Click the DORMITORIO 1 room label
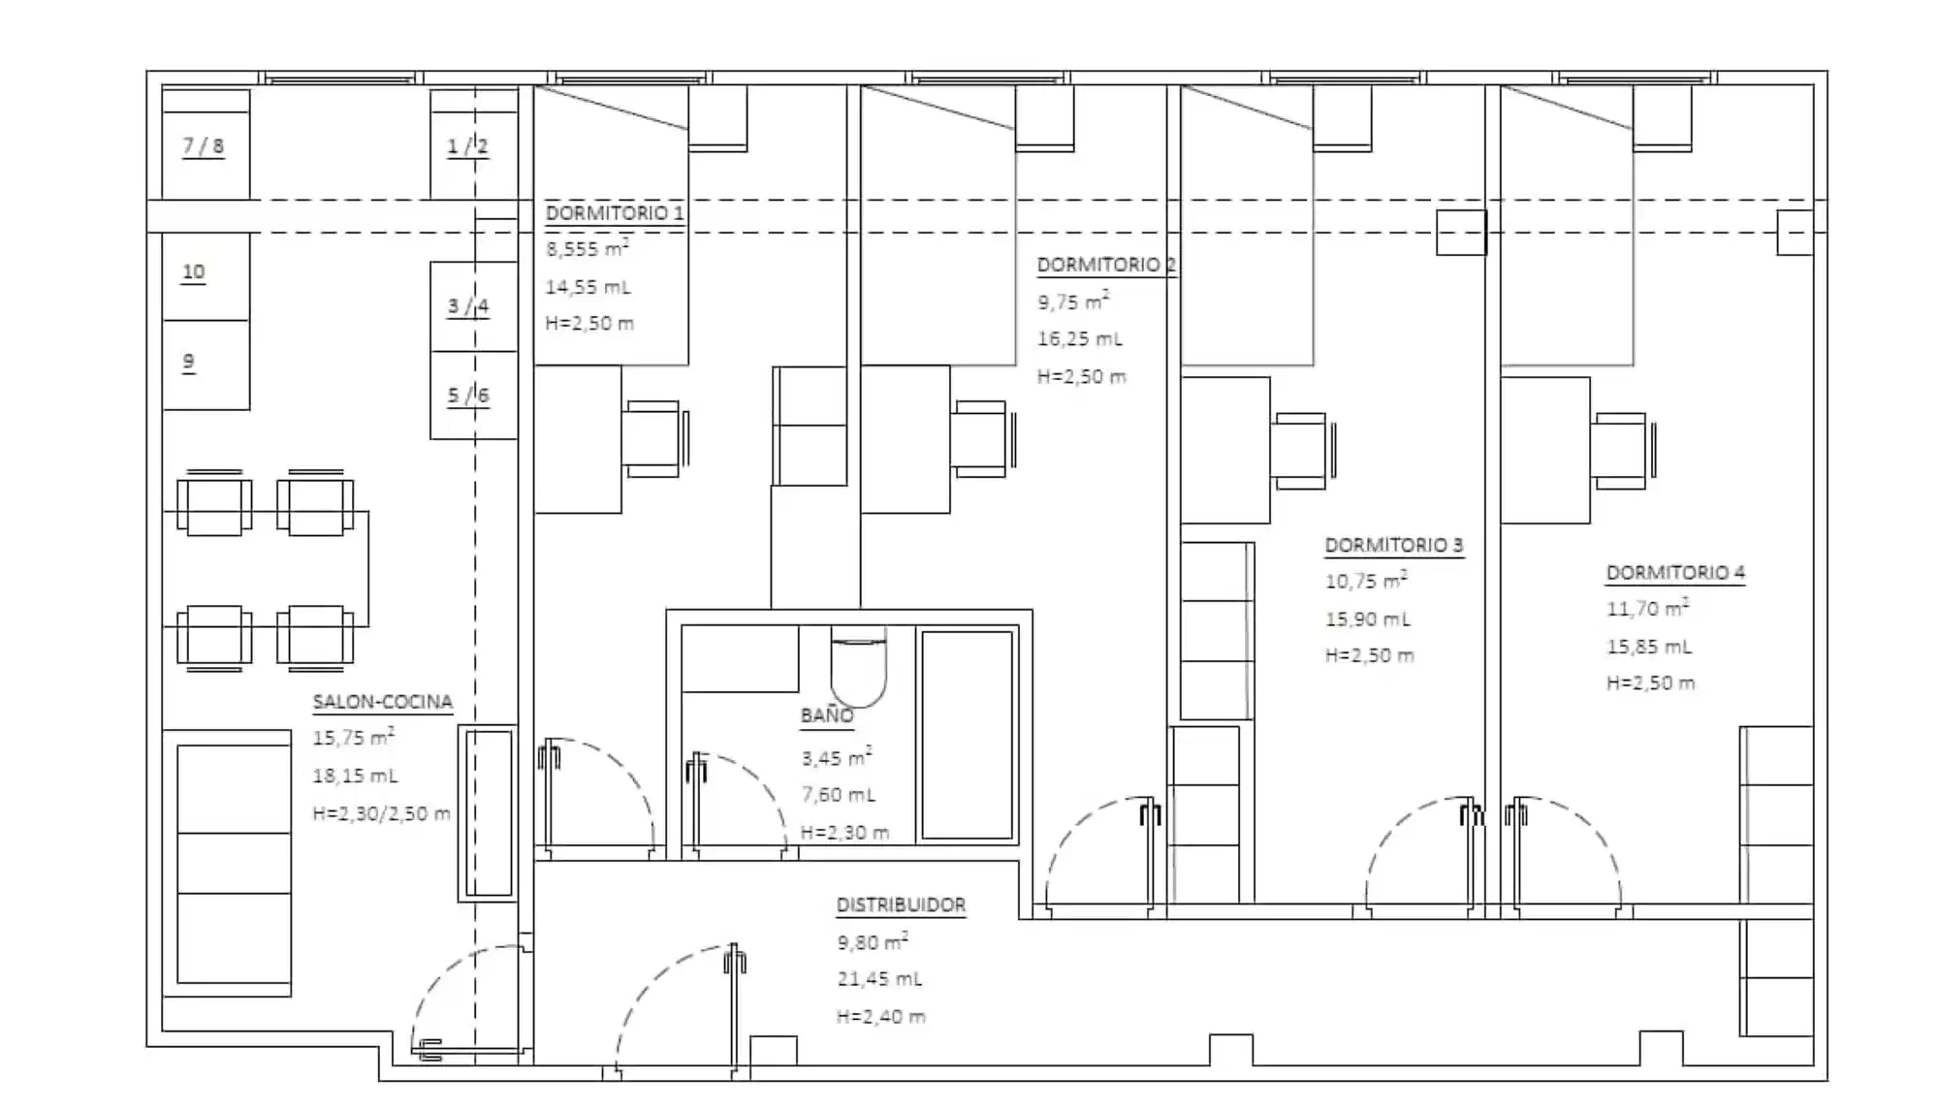(x=614, y=213)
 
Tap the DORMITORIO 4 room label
(x=1674, y=573)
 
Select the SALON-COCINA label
(x=382, y=702)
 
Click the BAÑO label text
(x=826, y=716)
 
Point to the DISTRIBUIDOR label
(x=901, y=905)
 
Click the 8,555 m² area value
(x=587, y=249)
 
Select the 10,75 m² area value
(x=1365, y=582)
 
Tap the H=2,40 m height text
(x=880, y=1017)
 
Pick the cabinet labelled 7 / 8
(x=205, y=145)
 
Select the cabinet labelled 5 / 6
(x=472, y=396)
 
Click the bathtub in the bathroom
(x=967, y=735)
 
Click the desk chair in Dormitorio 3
(x=1299, y=451)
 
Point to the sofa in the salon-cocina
(x=233, y=863)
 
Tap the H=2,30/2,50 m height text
(x=381, y=814)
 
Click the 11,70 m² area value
(x=1646, y=610)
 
